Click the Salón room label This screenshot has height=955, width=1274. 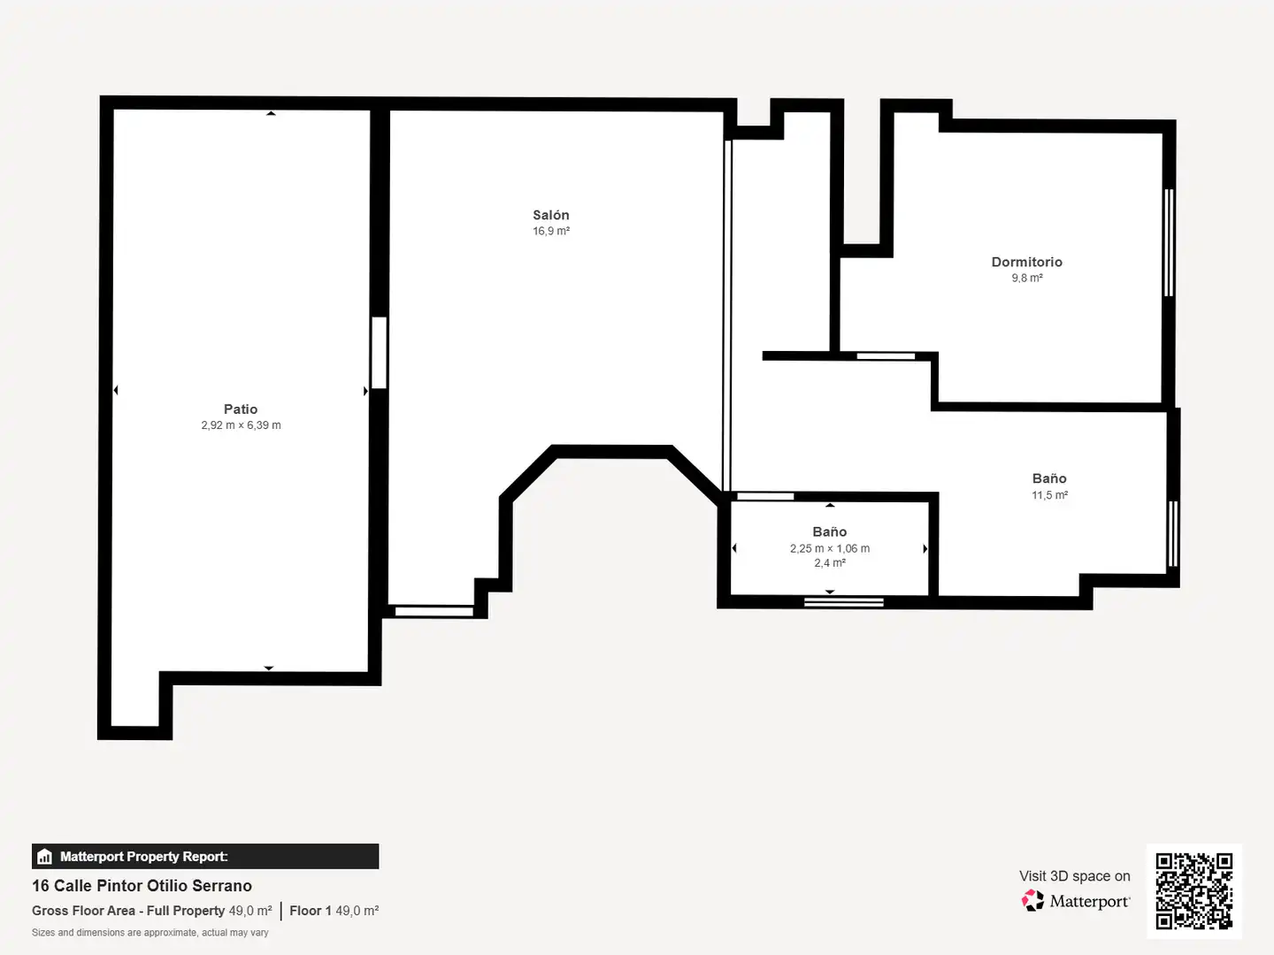click(x=551, y=215)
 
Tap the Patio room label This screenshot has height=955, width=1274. click(x=241, y=409)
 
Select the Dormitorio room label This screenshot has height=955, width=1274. click(x=1027, y=262)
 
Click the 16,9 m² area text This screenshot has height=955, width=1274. click(x=551, y=231)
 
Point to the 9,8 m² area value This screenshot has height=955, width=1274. click(x=1027, y=278)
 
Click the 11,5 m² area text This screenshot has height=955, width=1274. click(x=1049, y=494)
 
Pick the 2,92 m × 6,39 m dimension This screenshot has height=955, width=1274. click(x=241, y=425)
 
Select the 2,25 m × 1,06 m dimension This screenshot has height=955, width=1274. click(x=829, y=548)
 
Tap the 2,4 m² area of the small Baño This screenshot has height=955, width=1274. click(x=829, y=563)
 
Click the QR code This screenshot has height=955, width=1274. click(x=1193, y=890)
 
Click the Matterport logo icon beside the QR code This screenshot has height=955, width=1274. click(x=1032, y=900)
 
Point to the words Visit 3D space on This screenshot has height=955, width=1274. click(x=1074, y=876)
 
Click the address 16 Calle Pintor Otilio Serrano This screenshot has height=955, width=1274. click(x=142, y=885)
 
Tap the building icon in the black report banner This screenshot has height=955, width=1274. click(x=44, y=857)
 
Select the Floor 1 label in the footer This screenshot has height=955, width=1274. click(x=311, y=911)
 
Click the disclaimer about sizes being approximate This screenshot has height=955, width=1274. click(x=150, y=932)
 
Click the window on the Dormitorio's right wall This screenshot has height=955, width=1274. click(x=1169, y=242)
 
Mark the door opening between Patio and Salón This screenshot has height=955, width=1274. click(x=379, y=353)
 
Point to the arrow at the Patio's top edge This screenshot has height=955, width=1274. click(x=271, y=113)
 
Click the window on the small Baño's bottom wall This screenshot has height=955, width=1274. click(x=843, y=602)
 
